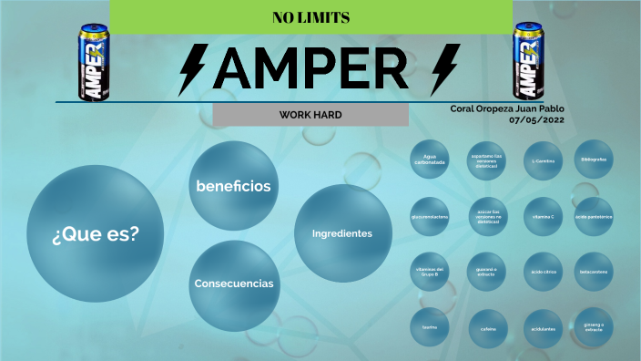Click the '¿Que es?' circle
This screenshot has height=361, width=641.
click(96, 233)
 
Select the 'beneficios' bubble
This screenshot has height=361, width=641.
click(233, 186)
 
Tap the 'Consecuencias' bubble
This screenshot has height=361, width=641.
click(233, 284)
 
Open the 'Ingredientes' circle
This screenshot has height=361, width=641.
click(342, 233)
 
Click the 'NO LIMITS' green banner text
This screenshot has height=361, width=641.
click(310, 18)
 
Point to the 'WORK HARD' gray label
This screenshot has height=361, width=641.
click(310, 115)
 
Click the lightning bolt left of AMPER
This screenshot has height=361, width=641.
click(194, 67)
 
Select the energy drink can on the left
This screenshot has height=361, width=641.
click(92, 63)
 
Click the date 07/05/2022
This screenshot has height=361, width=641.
click(537, 119)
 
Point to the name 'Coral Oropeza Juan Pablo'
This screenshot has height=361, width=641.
click(507, 108)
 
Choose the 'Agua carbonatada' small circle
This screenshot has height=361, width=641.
click(430, 160)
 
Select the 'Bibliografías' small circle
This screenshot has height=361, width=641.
click(594, 160)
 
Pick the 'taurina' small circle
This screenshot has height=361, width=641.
click(430, 327)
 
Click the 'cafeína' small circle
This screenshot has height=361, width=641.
click(486, 327)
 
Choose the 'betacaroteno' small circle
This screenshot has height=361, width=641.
click(594, 272)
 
